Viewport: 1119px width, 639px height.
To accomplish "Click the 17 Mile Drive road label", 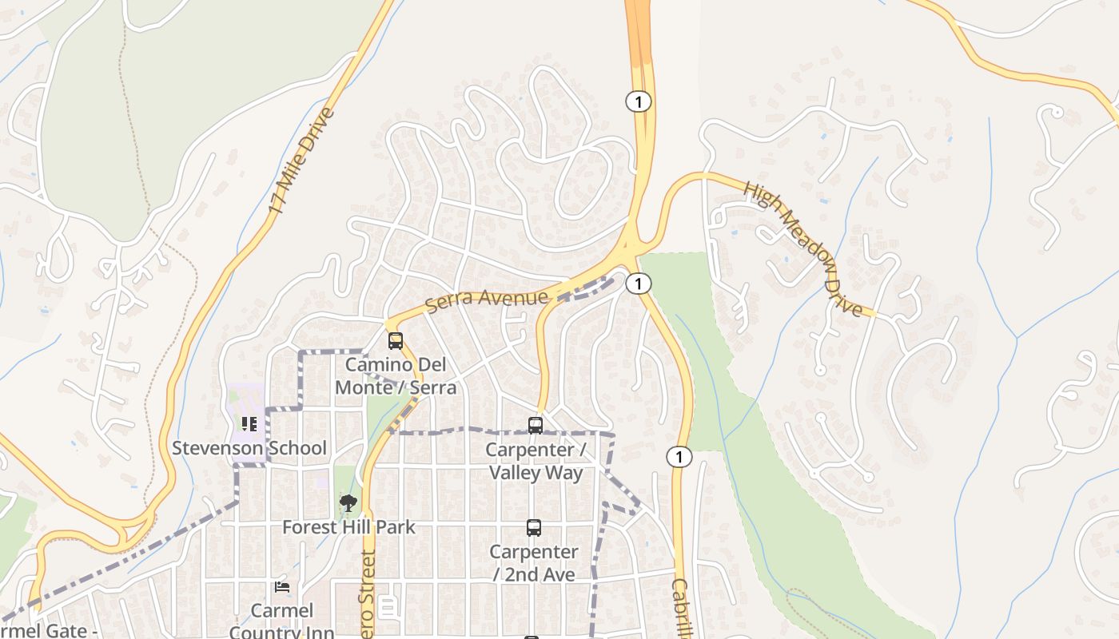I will pos(301,161).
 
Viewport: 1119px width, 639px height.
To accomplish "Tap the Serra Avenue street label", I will pos(487,301).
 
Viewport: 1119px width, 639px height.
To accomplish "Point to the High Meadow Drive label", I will pos(803,248).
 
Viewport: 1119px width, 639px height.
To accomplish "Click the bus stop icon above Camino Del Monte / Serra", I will pos(396,341).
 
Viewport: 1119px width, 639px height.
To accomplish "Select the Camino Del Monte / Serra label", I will pos(396,376).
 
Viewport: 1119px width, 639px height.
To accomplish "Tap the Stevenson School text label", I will pos(249,448).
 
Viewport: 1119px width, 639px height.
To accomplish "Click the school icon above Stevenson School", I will pos(249,424).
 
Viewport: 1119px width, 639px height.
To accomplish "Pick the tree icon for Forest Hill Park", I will pos(348,503).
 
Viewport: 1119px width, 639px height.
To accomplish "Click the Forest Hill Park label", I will pos(348,527).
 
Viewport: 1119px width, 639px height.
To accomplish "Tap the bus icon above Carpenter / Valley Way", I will pos(536,426).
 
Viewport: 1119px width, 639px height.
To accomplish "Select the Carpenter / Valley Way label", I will pos(536,461).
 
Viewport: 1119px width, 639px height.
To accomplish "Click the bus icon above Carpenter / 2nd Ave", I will pos(534,528).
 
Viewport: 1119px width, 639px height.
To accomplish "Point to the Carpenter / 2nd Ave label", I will pos(533,563).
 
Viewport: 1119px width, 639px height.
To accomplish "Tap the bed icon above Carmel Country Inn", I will pos(281,587).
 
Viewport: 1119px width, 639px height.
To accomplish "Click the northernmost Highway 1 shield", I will pos(638,101).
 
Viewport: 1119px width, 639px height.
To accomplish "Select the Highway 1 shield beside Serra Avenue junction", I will pos(638,284).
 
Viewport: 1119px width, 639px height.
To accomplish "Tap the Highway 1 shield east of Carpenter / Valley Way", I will pos(679,457).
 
